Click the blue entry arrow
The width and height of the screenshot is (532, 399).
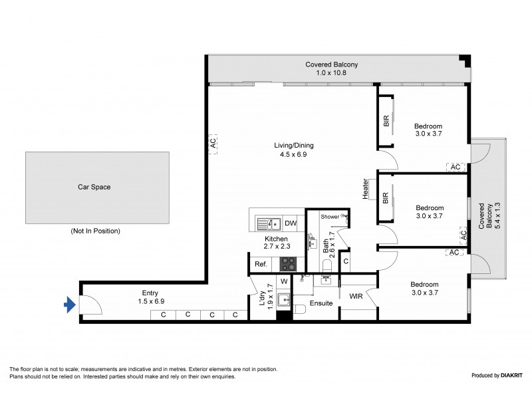pyautogui.click(x=69, y=305)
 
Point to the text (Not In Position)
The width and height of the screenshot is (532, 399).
pyautogui.click(x=95, y=231)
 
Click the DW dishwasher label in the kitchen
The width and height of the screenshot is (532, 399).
pyautogui.click(x=290, y=223)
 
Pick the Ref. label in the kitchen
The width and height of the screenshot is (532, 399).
pyautogui.click(x=261, y=264)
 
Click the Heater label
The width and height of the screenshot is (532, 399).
pyautogui.click(x=366, y=188)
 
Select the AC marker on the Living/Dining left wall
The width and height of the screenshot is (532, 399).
pyautogui.click(x=213, y=144)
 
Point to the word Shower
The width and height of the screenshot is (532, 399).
pyautogui.click(x=330, y=217)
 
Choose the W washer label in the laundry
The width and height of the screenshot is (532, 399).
pyautogui.click(x=283, y=282)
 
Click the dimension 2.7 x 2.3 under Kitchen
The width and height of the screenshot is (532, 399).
pyautogui.click(x=276, y=247)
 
